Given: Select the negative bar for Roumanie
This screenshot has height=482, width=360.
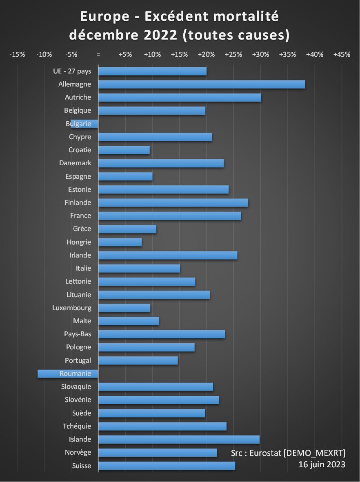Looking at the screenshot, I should coord(68,373).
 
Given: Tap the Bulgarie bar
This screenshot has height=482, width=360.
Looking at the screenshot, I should coord(84,124).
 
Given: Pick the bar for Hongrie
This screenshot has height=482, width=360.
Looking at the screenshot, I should coord(120,242).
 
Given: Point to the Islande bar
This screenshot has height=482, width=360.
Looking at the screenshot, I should coord(179,440).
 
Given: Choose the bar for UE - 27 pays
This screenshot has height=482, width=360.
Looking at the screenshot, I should coord(152,71).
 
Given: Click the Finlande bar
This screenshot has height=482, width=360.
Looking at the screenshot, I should coord(173,203).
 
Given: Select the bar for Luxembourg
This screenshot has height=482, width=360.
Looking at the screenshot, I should coord(124,308).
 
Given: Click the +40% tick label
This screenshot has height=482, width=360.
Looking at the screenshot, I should coord(315,55).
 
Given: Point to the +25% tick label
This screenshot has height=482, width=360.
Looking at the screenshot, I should coord(233,55).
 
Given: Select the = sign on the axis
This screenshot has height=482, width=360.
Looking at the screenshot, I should coord(98,55).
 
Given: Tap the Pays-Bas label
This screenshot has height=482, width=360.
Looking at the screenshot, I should coord(78,334).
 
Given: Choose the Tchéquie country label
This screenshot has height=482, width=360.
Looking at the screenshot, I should coord(77,426).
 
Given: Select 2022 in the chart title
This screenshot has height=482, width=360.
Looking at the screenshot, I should coord(157,35).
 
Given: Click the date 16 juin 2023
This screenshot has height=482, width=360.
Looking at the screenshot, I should coord(322,464).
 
